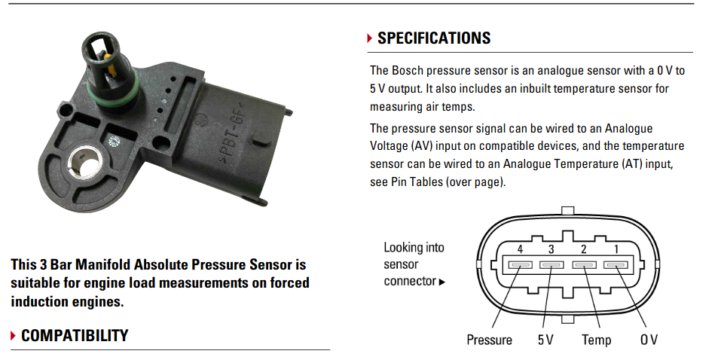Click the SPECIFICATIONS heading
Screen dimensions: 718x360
(x=434, y=38)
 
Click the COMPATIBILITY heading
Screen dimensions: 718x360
(x=75, y=335)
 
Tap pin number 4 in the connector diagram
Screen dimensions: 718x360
(x=520, y=265)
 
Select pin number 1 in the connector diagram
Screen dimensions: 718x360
(x=616, y=265)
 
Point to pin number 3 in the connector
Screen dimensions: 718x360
(x=551, y=265)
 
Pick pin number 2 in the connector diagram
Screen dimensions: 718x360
(x=584, y=265)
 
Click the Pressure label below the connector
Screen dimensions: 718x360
(x=489, y=340)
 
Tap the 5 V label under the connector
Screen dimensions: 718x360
(x=545, y=340)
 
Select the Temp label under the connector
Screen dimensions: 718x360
(x=596, y=340)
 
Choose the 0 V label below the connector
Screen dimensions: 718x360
(x=649, y=340)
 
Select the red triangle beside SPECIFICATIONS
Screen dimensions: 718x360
(x=369, y=38)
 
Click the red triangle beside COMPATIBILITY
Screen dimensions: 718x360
(x=14, y=336)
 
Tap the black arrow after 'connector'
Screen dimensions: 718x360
(x=442, y=282)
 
